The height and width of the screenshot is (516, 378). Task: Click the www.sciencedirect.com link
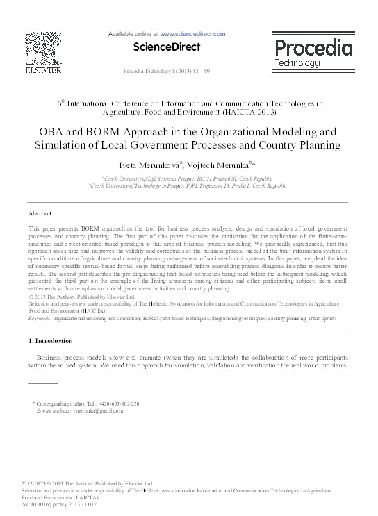click(x=192, y=33)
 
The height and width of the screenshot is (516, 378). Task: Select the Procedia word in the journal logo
click(x=313, y=48)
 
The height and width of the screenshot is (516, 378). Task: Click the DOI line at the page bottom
click(x=59, y=504)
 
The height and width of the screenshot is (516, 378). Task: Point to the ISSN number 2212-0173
click(x=38, y=483)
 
